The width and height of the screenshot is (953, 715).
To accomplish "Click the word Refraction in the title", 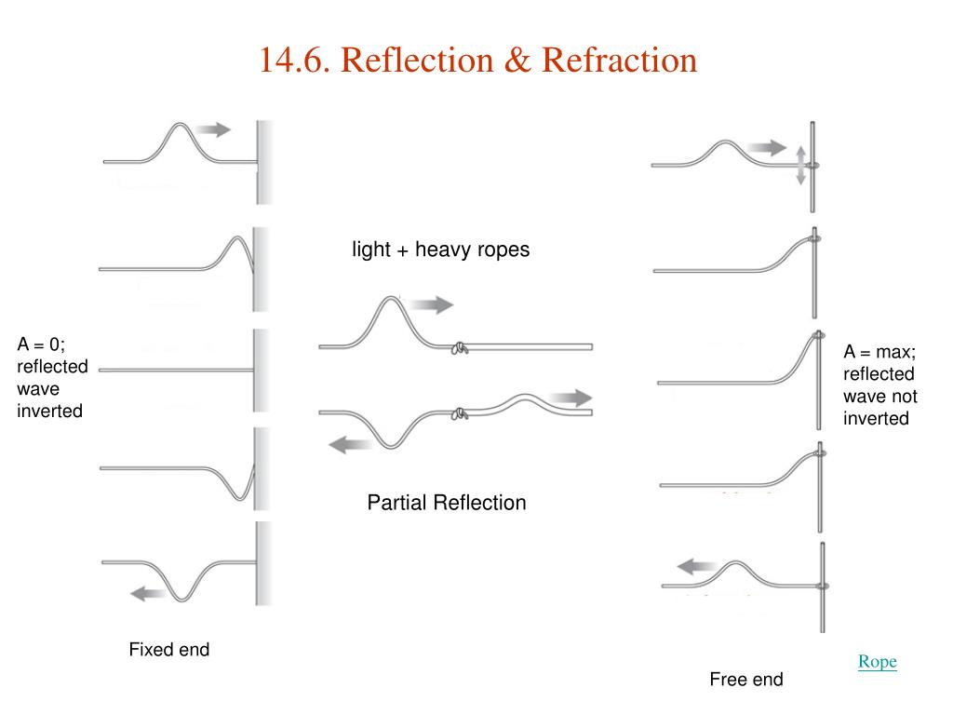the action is [x=619, y=61].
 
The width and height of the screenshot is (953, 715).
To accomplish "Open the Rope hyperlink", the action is [x=877, y=662].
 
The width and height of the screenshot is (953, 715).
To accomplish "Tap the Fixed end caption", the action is [x=169, y=649].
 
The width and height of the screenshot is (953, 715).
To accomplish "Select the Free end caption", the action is [x=746, y=679].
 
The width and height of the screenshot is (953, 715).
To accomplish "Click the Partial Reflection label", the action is [x=447, y=503].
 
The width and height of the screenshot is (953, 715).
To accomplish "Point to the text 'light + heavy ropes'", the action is [x=440, y=250].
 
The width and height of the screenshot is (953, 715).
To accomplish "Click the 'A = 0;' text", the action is [x=41, y=344].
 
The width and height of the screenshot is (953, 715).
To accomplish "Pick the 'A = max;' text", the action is [x=879, y=352].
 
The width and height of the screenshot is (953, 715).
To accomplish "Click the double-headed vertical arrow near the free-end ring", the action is [x=800, y=165].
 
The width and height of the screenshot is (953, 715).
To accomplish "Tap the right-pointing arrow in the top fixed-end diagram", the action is [x=213, y=129].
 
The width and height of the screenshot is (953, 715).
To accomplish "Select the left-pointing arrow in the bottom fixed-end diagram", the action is [x=148, y=593].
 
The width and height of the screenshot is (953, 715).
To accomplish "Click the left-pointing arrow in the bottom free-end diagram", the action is [x=695, y=567].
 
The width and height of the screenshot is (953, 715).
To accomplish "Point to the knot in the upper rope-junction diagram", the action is [x=460, y=348].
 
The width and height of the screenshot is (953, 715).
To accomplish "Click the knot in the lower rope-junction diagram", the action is [x=460, y=413].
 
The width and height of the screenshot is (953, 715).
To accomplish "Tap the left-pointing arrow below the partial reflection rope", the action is [x=350, y=444].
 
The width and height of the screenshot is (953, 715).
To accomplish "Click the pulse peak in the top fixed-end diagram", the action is [x=180, y=126].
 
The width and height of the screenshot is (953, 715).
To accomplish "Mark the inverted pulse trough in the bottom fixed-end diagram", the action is [x=181, y=599].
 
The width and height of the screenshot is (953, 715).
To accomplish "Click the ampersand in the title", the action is [x=517, y=61].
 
